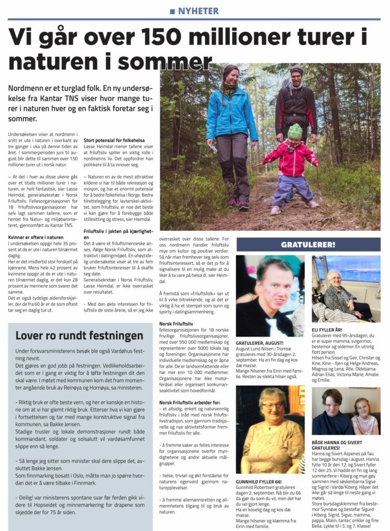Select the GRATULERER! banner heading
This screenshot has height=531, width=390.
(x=308, y=244)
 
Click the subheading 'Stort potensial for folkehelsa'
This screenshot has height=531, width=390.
(x=114, y=140)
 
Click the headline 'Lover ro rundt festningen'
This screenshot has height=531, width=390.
(x=79, y=336)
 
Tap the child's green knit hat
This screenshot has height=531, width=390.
(x=295, y=132)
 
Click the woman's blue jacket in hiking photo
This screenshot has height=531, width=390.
(x=231, y=114)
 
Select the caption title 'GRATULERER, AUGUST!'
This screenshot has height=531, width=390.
(x=260, y=343)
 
